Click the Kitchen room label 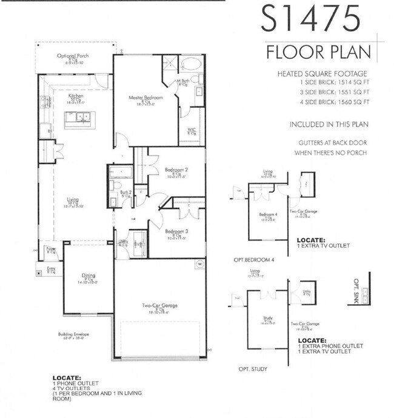point(76,96)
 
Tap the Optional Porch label point(70,56)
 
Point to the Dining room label point(88,278)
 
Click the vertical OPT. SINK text point(356,291)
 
